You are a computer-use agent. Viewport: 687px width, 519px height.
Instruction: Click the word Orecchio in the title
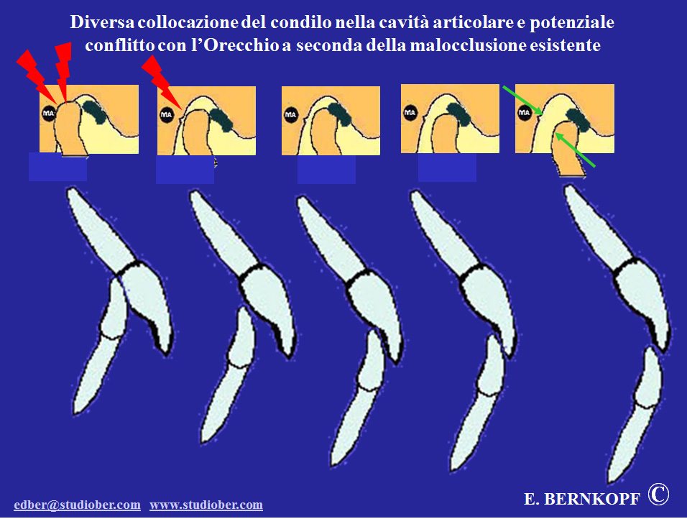241,45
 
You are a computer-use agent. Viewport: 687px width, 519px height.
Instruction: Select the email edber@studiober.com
77,505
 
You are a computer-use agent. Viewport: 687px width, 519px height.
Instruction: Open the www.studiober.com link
206,505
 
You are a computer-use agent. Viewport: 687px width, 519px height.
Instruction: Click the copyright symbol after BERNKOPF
658,495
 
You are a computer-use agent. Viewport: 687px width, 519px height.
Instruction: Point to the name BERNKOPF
592,499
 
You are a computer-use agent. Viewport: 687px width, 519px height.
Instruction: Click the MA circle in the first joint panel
49,114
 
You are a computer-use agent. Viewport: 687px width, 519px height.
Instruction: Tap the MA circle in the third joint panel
290,115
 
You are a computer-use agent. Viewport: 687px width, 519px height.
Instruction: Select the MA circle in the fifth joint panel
525,113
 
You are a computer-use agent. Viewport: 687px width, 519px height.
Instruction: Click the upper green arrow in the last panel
522,101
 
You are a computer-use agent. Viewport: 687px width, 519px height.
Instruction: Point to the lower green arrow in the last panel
576,150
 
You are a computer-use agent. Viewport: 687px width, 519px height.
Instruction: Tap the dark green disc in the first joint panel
94,111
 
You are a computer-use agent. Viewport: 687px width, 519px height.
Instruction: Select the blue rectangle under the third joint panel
326,169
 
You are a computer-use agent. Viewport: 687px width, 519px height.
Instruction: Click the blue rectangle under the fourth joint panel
447,167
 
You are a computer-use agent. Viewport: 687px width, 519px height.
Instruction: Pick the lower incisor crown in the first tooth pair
114,309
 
